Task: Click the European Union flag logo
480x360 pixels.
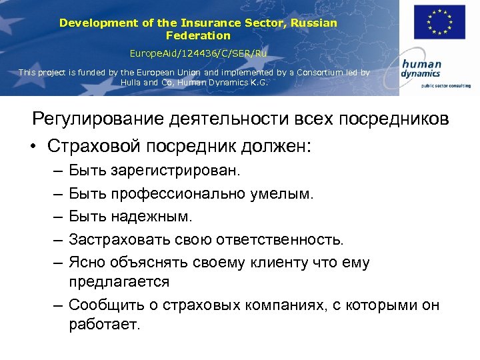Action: coord(439,22)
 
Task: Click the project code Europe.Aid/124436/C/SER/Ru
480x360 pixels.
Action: coord(198,52)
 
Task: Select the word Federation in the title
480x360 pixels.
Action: coord(198,35)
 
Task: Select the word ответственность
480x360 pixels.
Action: coord(287,239)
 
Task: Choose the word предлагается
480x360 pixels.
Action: coord(119,282)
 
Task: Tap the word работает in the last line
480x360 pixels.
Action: coord(103,325)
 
